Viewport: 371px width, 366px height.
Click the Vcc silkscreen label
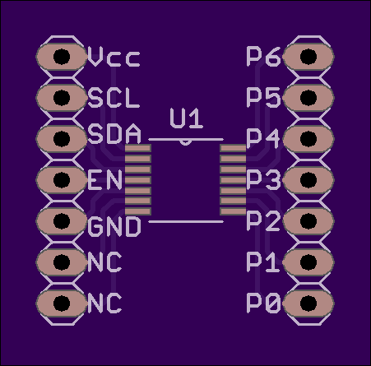(x=114, y=57)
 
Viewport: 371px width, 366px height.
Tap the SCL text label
(x=114, y=98)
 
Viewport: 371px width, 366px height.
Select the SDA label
(x=114, y=134)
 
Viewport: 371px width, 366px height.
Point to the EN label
(x=104, y=180)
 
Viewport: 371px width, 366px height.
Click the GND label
(x=114, y=226)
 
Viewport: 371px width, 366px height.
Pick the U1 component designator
(x=187, y=118)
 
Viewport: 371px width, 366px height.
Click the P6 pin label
(x=263, y=57)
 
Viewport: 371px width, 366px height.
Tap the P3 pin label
(x=263, y=180)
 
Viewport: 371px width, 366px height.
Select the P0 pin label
(x=263, y=303)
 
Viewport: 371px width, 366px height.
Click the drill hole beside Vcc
(x=62, y=57)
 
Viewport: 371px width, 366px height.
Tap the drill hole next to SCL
(x=62, y=98)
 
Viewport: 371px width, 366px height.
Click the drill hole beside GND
(x=62, y=221)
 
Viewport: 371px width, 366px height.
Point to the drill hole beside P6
(x=308, y=57)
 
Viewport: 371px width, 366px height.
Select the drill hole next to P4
(x=308, y=139)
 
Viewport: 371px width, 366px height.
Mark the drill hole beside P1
(x=308, y=262)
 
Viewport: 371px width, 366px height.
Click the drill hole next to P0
(x=308, y=303)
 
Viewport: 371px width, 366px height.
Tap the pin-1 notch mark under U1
(x=185, y=143)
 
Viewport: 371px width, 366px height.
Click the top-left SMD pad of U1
(x=138, y=148)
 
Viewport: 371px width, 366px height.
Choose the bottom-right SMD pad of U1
(x=233, y=211)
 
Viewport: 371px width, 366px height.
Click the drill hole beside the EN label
(x=62, y=180)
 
